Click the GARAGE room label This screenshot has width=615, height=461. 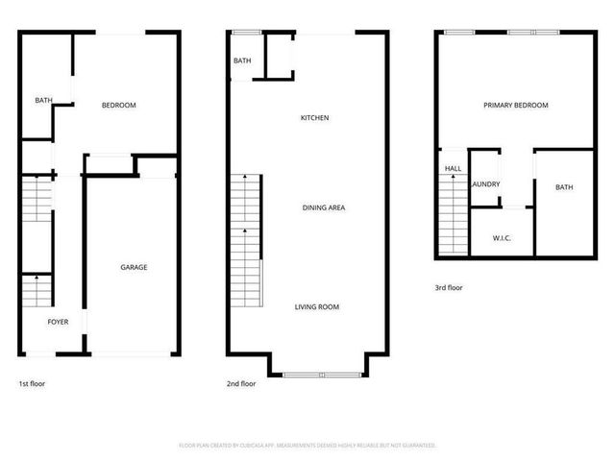(x=134, y=267)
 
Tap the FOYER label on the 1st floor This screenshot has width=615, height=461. (x=59, y=322)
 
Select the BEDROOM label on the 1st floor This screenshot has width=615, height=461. (x=119, y=105)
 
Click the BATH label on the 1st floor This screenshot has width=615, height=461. (x=43, y=100)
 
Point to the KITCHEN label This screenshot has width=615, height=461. (x=315, y=118)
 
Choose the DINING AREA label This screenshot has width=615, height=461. (x=324, y=207)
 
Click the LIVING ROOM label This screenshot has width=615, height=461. (x=316, y=307)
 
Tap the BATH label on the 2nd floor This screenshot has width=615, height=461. (x=242, y=61)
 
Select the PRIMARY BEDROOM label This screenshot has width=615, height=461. (x=515, y=105)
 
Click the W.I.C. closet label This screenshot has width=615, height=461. (x=501, y=237)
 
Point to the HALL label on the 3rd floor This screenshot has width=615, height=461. (x=453, y=168)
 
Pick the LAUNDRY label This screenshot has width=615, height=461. (x=485, y=183)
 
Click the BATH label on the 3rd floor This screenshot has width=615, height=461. (x=564, y=187)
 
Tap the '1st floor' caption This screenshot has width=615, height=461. (x=32, y=383)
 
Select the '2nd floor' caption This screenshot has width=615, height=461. (x=240, y=383)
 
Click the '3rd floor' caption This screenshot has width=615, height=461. (x=449, y=287)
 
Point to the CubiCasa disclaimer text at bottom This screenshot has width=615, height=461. (x=307, y=446)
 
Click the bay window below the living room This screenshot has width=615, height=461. (x=322, y=374)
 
